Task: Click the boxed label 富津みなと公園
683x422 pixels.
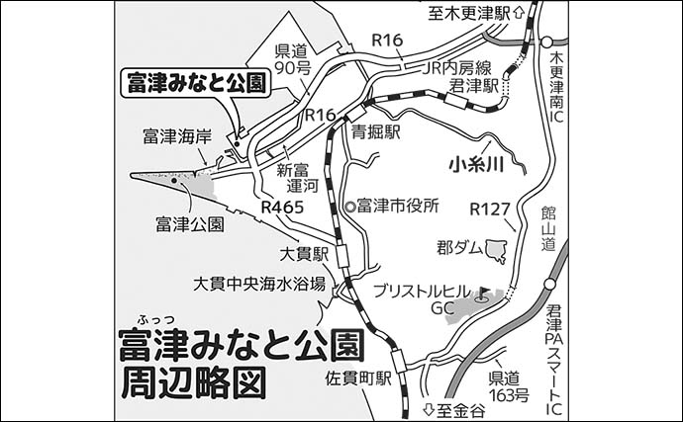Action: pos(196,84)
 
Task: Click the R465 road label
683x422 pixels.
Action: pos(282,208)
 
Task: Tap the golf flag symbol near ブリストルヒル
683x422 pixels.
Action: pos(484,293)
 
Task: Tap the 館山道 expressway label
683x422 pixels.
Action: pos(549,228)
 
